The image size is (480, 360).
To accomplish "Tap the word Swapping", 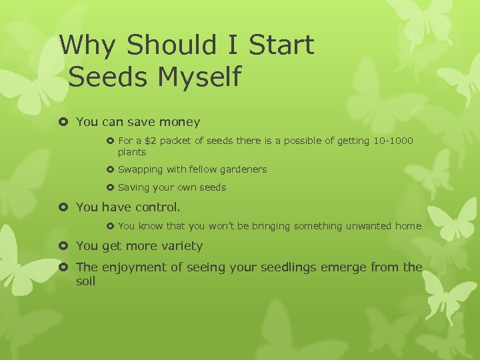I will pos(141,169).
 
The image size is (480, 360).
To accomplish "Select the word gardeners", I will pos(242,169).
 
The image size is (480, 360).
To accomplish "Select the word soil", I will pos(86,281).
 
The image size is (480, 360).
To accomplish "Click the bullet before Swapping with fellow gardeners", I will pos(111,169).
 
